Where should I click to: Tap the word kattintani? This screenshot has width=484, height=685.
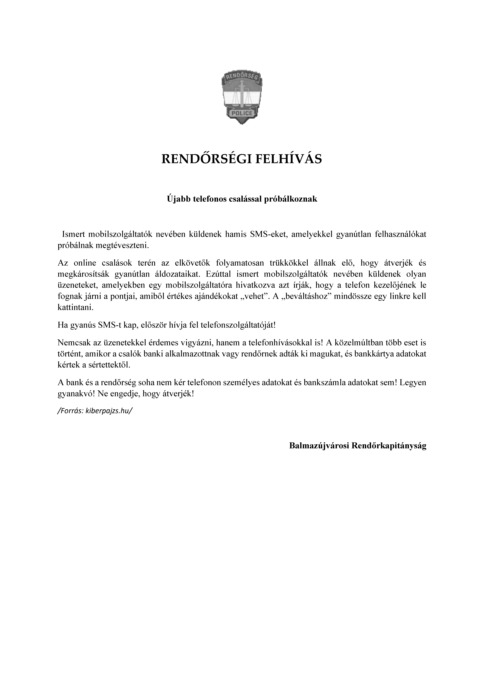75,308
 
